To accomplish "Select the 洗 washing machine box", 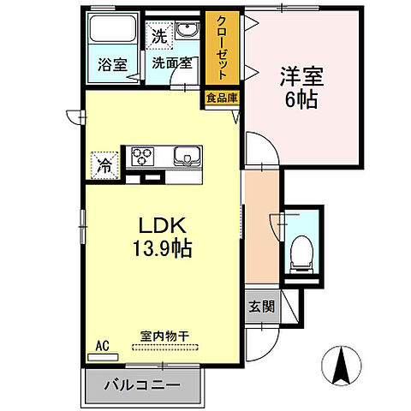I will (x=158, y=37).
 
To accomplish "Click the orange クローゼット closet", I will (x=222, y=50).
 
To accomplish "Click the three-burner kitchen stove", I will (x=141, y=157).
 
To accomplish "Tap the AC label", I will (x=103, y=346).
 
